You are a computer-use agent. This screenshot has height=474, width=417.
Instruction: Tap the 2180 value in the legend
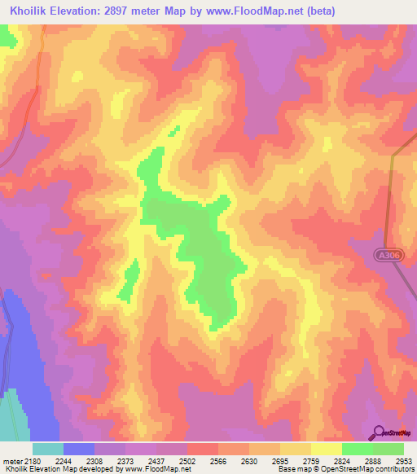(x=33, y=461)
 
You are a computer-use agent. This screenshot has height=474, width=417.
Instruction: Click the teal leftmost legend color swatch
(x=47, y=449)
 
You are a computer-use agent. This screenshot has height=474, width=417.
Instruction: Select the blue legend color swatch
(x=78, y=449)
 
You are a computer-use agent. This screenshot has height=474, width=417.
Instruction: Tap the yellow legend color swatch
(x=326, y=449)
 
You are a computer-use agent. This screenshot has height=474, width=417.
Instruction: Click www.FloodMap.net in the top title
(x=248, y=11)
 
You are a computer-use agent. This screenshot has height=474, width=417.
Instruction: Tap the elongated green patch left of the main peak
(x=128, y=280)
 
